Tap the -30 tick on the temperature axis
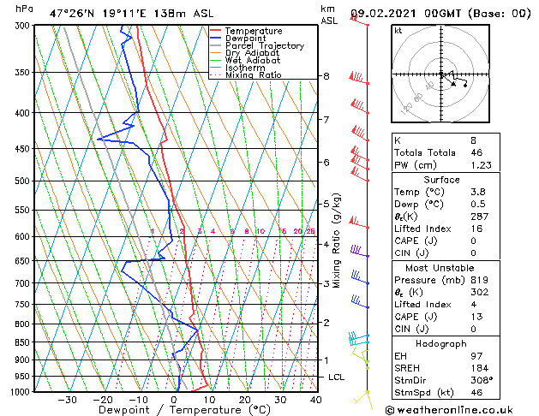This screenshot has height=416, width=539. pos(67,399)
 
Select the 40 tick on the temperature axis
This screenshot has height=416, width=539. pos(316,399)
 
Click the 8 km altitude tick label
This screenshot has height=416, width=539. pos(326,76)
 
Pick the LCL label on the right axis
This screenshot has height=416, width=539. pos(337,377)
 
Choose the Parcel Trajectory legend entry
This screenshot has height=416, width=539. pos(264,46)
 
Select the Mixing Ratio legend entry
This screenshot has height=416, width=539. pos(253,75)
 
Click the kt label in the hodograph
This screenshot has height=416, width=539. pos(398,31)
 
